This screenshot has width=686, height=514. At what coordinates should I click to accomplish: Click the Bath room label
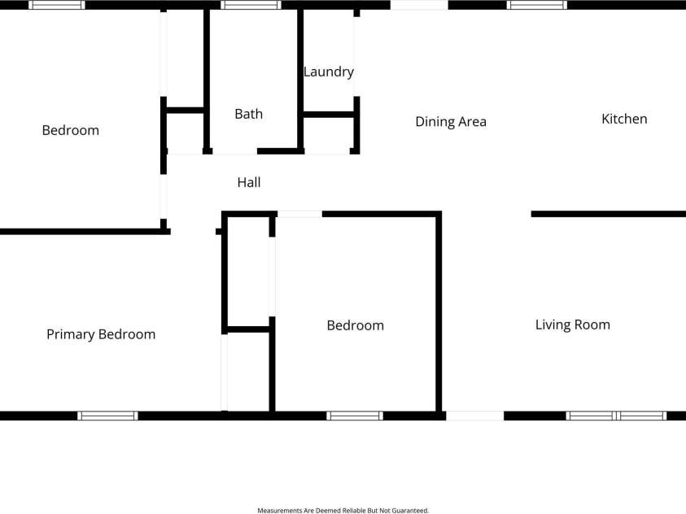[248, 114]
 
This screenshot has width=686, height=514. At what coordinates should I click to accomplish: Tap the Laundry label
[329, 72]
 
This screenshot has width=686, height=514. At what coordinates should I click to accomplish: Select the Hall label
[249, 182]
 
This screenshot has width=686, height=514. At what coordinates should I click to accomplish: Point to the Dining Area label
[451, 122]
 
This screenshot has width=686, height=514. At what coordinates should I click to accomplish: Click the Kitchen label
[624, 119]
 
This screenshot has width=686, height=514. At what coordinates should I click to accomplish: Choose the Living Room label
[573, 325]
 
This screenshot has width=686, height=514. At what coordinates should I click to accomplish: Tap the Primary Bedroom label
[101, 335]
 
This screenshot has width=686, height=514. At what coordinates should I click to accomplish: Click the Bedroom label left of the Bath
[71, 130]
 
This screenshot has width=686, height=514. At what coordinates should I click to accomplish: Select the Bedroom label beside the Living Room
[356, 325]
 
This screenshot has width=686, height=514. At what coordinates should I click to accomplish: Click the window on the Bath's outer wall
[251, 5]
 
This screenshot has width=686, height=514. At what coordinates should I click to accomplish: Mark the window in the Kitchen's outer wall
[537, 5]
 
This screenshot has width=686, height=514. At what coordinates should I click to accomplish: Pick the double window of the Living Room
[616, 416]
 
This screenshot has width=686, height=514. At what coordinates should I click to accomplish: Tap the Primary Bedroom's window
[107, 416]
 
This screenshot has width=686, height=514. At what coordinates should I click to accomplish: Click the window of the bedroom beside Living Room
[355, 416]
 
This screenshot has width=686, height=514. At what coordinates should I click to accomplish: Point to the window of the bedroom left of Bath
[57, 5]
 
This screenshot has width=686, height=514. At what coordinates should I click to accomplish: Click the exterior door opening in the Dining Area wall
[419, 5]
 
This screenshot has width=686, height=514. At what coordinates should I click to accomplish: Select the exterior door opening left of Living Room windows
[475, 416]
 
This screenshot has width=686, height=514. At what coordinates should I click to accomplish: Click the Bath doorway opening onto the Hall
[235, 151]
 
